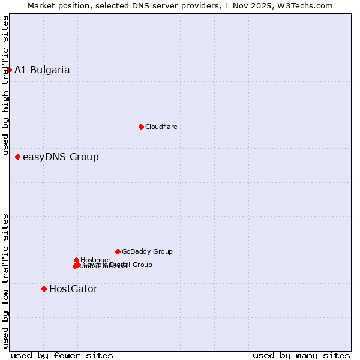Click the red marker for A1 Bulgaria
[x=9, y=70]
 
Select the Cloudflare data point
[x=141, y=127]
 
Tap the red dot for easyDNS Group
[x=17, y=157]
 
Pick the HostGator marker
[x=44, y=289]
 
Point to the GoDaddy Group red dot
[x=118, y=251]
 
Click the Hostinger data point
[x=76, y=260]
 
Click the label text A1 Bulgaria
[x=42, y=70]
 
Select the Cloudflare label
[x=161, y=127]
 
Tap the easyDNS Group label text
[x=61, y=157]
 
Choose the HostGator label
[x=73, y=289]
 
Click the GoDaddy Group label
[x=147, y=251]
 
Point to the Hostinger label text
[x=95, y=260]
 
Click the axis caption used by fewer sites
[x=62, y=355]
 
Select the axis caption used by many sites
[x=301, y=355]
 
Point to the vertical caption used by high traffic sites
[x=5, y=86]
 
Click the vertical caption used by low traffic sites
[x=5, y=280]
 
